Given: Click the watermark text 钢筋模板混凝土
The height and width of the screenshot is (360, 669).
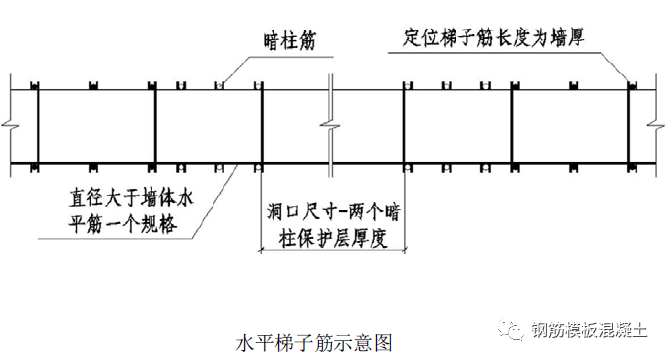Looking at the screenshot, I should [x=588, y=330].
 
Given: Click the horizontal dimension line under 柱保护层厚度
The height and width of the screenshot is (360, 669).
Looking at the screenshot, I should [x=331, y=253].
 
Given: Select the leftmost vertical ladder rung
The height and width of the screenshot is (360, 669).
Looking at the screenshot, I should [x=37, y=124].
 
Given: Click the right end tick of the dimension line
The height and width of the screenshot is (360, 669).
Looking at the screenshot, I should [x=402, y=253].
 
